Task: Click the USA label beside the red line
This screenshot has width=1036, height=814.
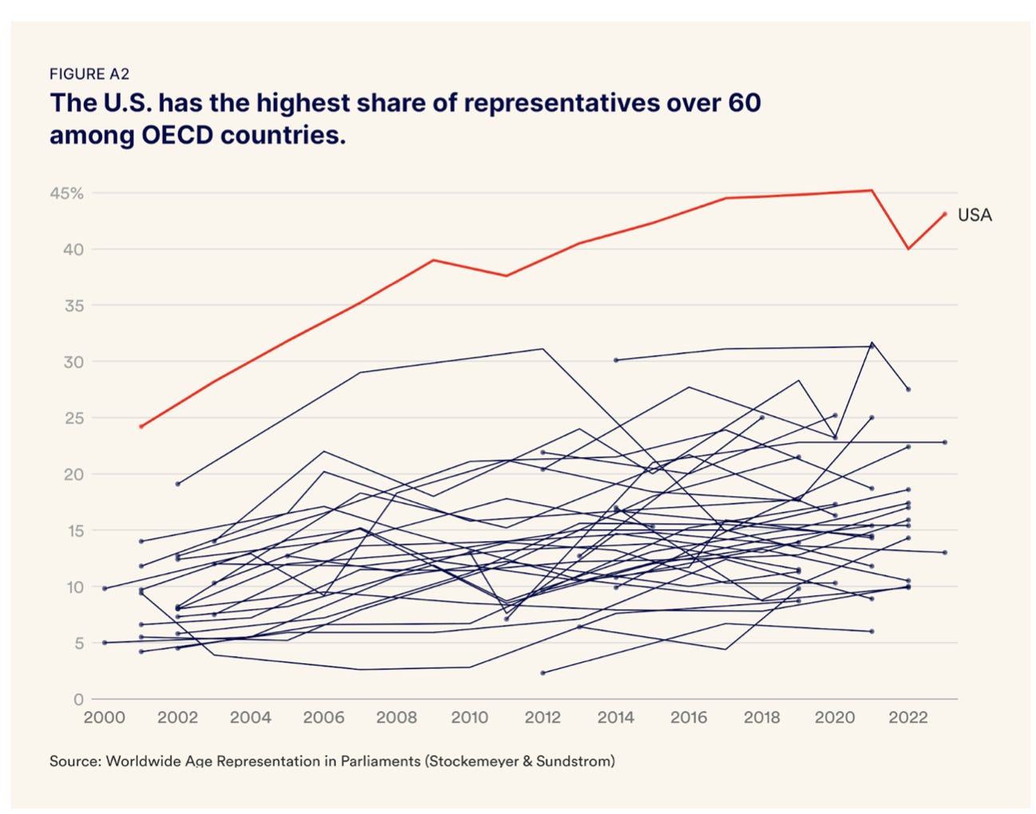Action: pyautogui.click(x=974, y=215)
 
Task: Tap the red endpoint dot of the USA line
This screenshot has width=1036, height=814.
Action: pyautogui.click(x=944, y=214)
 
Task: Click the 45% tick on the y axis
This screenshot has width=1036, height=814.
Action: pyautogui.click(x=67, y=194)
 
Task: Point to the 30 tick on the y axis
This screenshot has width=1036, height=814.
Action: pyautogui.click(x=73, y=362)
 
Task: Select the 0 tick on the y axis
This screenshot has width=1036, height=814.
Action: pyautogui.click(x=78, y=700)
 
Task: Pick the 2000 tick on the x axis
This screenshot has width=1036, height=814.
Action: pyautogui.click(x=105, y=717)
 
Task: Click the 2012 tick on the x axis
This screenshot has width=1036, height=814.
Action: pyautogui.click(x=543, y=717)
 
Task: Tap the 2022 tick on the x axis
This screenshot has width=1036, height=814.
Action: pyautogui.click(x=908, y=717)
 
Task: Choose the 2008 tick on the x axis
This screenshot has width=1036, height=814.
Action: pyautogui.click(x=397, y=717)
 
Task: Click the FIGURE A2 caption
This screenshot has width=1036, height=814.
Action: pyautogui.click(x=89, y=74)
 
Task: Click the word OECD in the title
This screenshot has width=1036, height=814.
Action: pyautogui.click(x=177, y=135)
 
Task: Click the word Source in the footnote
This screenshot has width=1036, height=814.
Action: pyautogui.click(x=74, y=761)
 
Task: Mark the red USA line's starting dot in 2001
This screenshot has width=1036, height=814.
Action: pyautogui.click(x=141, y=427)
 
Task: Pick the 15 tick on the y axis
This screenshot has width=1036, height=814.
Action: pyautogui.click(x=73, y=531)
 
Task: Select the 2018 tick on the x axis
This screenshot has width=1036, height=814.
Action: pyautogui.click(x=762, y=717)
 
